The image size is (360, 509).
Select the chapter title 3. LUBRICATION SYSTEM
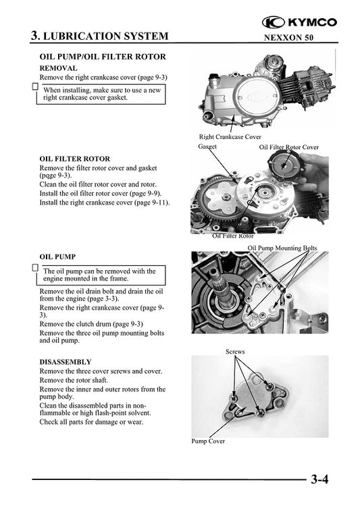[x=100, y=35]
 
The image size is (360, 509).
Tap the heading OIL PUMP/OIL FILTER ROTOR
[x=103, y=57]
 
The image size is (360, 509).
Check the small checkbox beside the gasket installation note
[x=35, y=86]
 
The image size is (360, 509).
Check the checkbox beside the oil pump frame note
[x=35, y=267]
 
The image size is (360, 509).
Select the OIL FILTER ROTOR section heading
[x=75, y=159]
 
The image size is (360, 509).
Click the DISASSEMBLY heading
[x=66, y=362]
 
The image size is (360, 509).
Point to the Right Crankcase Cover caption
[x=230, y=137]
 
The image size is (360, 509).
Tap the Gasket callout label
[x=207, y=146]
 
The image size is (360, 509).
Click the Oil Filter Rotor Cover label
[x=289, y=146]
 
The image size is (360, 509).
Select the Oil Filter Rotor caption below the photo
[x=233, y=236]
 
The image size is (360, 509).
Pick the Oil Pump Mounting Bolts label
[x=282, y=248]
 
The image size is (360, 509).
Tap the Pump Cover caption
[x=208, y=441]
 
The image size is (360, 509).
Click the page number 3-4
[x=319, y=481]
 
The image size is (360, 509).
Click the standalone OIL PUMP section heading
[x=57, y=257]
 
